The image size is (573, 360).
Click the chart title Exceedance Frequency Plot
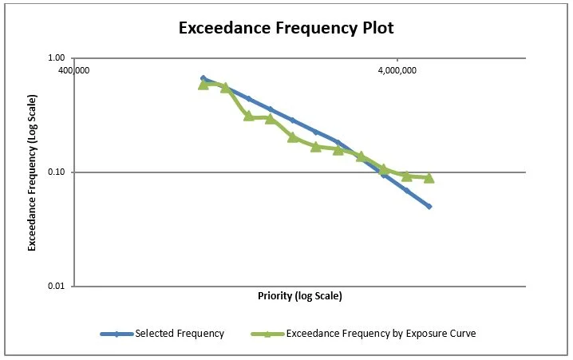(286, 28)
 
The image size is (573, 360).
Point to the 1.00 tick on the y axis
(56, 58)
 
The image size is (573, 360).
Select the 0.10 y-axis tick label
(56, 172)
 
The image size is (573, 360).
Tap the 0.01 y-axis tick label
(56, 287)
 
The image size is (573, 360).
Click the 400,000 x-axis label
(73, 70)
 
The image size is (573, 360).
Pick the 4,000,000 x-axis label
(397, 70)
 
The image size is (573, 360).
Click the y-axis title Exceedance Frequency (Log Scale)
(33, 172)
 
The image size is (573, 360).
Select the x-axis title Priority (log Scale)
(300, 296)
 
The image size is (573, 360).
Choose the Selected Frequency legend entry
(180, 334)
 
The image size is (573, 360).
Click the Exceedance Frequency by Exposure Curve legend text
(381, 334)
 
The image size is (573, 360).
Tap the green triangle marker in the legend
(267, 334)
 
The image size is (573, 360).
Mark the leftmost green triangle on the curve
(204, 85)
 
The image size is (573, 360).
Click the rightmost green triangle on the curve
(429, 178)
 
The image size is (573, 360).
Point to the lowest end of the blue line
(429, 207)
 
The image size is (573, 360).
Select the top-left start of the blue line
(203, 78)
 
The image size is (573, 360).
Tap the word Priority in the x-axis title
(275, 296)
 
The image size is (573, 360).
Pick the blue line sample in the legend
(117, 334)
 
